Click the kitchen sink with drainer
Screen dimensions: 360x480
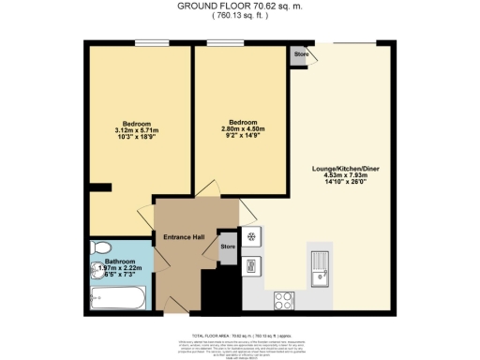pyautogui.click(x=321, y=270)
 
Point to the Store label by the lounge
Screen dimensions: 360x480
pyautogui.click(x=301, y=54)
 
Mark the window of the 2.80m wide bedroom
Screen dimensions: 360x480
pyautogui.click(x=220, y=41)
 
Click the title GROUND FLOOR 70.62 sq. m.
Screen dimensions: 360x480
pyautogui.click(x=240, y=6)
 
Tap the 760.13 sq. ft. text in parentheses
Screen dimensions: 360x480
pyautogui.click(x=240, y=16)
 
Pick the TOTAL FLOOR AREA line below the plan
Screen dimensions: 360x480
pyautogui.click(x=240, y=335)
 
